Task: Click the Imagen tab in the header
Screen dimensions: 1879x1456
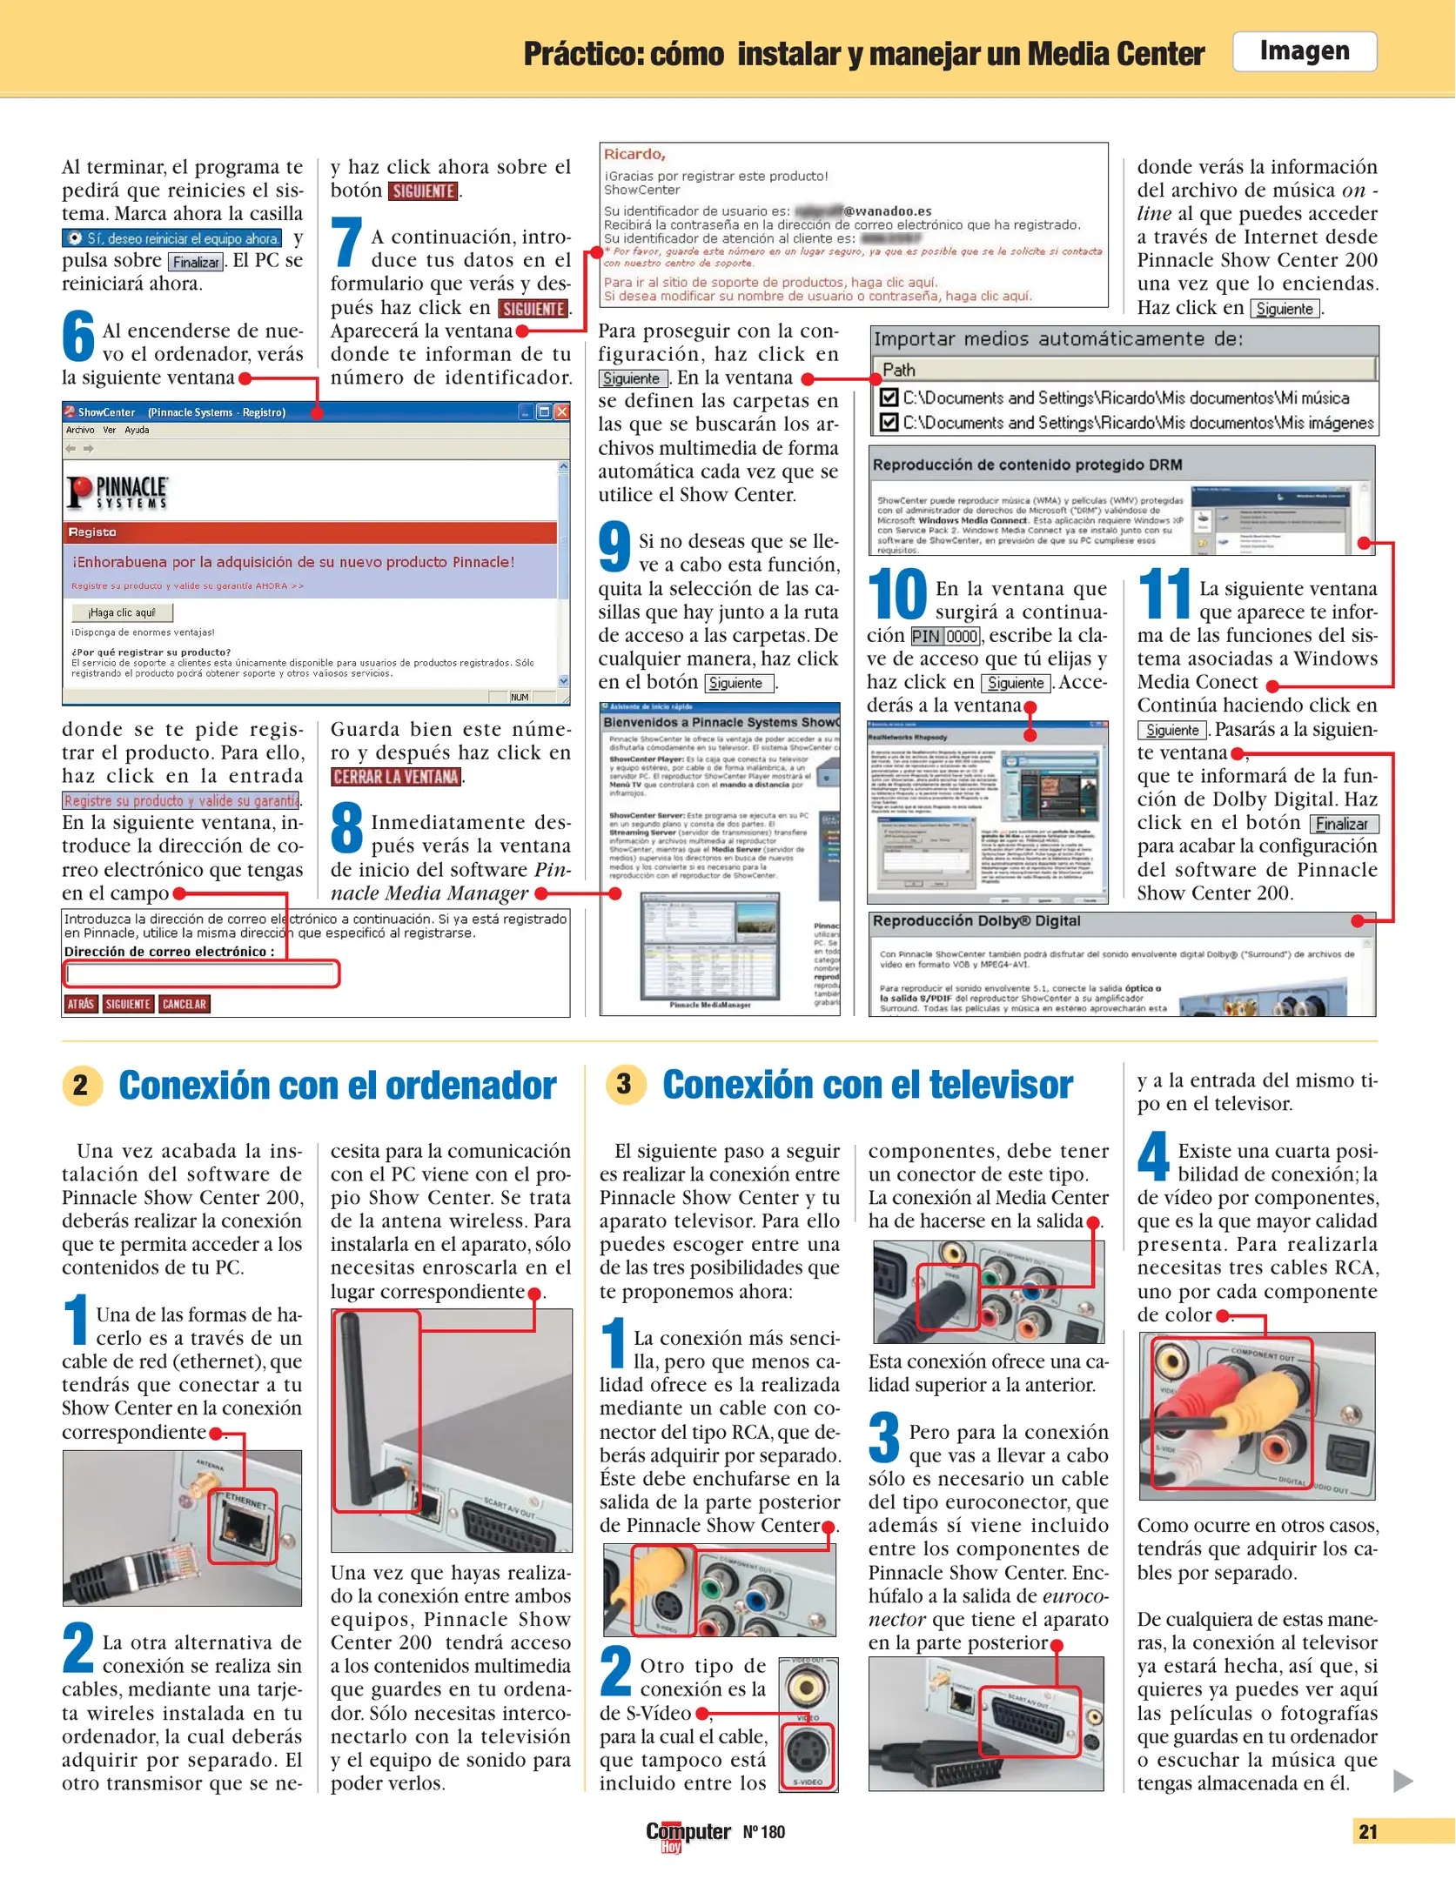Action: pyautogui.click(x=1303, y=51)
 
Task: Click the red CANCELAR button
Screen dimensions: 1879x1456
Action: pyautogui.click(x=184, y=1004)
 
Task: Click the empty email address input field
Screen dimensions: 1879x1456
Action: pyautogui.click(x=201, y=973)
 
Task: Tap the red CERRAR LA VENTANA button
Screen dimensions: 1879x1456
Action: pyautogui.click(x=395, y=777)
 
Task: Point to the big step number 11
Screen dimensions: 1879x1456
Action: pyautogui.click(x=1164, y=593)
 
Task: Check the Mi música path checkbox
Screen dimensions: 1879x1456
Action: pyautogui.click(x=889, y=398)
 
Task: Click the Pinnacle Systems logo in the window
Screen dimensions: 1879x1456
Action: pyautogui.click(x=117, y=492)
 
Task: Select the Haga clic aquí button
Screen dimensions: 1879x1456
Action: pyautogui.click(x=122, y=612)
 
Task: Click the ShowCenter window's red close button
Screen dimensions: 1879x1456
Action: pyautogui.click(x=561, y=411)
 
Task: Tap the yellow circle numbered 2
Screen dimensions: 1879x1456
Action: pyautogui.click(x=82, y=1085)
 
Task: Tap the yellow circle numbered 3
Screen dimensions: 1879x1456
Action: pyautogui.click(x=624, y=1084)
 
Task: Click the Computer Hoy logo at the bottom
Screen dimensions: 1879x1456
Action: pyautogui.click(x=687, y=1834)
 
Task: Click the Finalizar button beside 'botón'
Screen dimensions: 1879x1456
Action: pyautogui.click(x=1343, y=824)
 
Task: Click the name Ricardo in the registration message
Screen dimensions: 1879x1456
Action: pyautogui.click(x=634, y=154)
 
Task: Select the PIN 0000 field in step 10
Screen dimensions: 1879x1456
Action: pyautogui.click(x=945, y=636)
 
